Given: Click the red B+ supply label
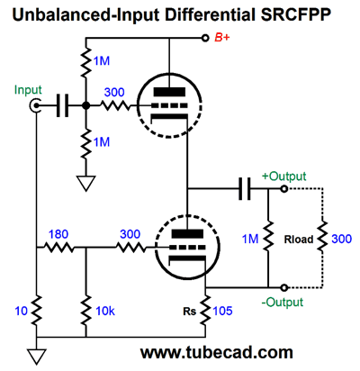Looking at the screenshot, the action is [x=222, y=38].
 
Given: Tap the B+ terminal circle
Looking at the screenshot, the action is [x=205, y=38].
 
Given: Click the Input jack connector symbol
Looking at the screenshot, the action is [x=35, y=105].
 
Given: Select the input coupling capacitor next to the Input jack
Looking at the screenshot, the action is [x=62, y=105].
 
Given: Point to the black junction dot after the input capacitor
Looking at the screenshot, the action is [x=86, y=105].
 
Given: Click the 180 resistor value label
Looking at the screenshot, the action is [x=58, y=234].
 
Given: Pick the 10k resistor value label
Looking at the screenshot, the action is [x=105, y=311].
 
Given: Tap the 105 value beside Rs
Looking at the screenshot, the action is [x=222, y=311].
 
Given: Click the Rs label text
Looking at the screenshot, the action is [x=190, y=312].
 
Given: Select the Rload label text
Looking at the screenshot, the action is [x=299, y=240].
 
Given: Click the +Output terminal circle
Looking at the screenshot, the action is [x=283, y=189].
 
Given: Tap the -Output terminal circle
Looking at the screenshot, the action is [x=283, y=287].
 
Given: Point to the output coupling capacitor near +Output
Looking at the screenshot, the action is [x=245, y=189].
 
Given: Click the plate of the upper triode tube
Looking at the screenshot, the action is [x=169, y=92].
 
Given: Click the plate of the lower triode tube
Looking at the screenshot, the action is [x=187, y=233].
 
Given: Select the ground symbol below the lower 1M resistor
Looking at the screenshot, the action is [x=86, y=183].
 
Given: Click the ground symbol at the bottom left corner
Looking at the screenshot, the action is [x=37, y=357].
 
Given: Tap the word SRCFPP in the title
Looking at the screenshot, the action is [x=296, y=15].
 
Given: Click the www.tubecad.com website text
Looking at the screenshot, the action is [x=217, y=352].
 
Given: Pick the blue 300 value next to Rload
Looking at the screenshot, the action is [x=342, y=240].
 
